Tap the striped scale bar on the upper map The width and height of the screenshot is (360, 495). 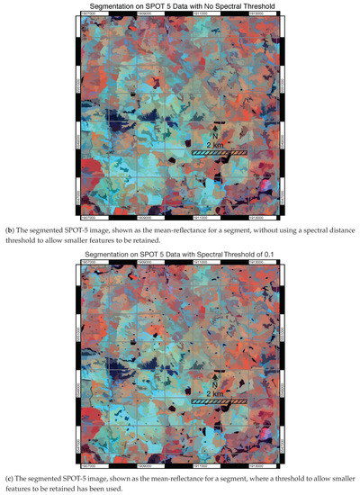(219, 154)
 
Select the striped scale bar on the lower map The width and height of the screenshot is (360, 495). (219, 402)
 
